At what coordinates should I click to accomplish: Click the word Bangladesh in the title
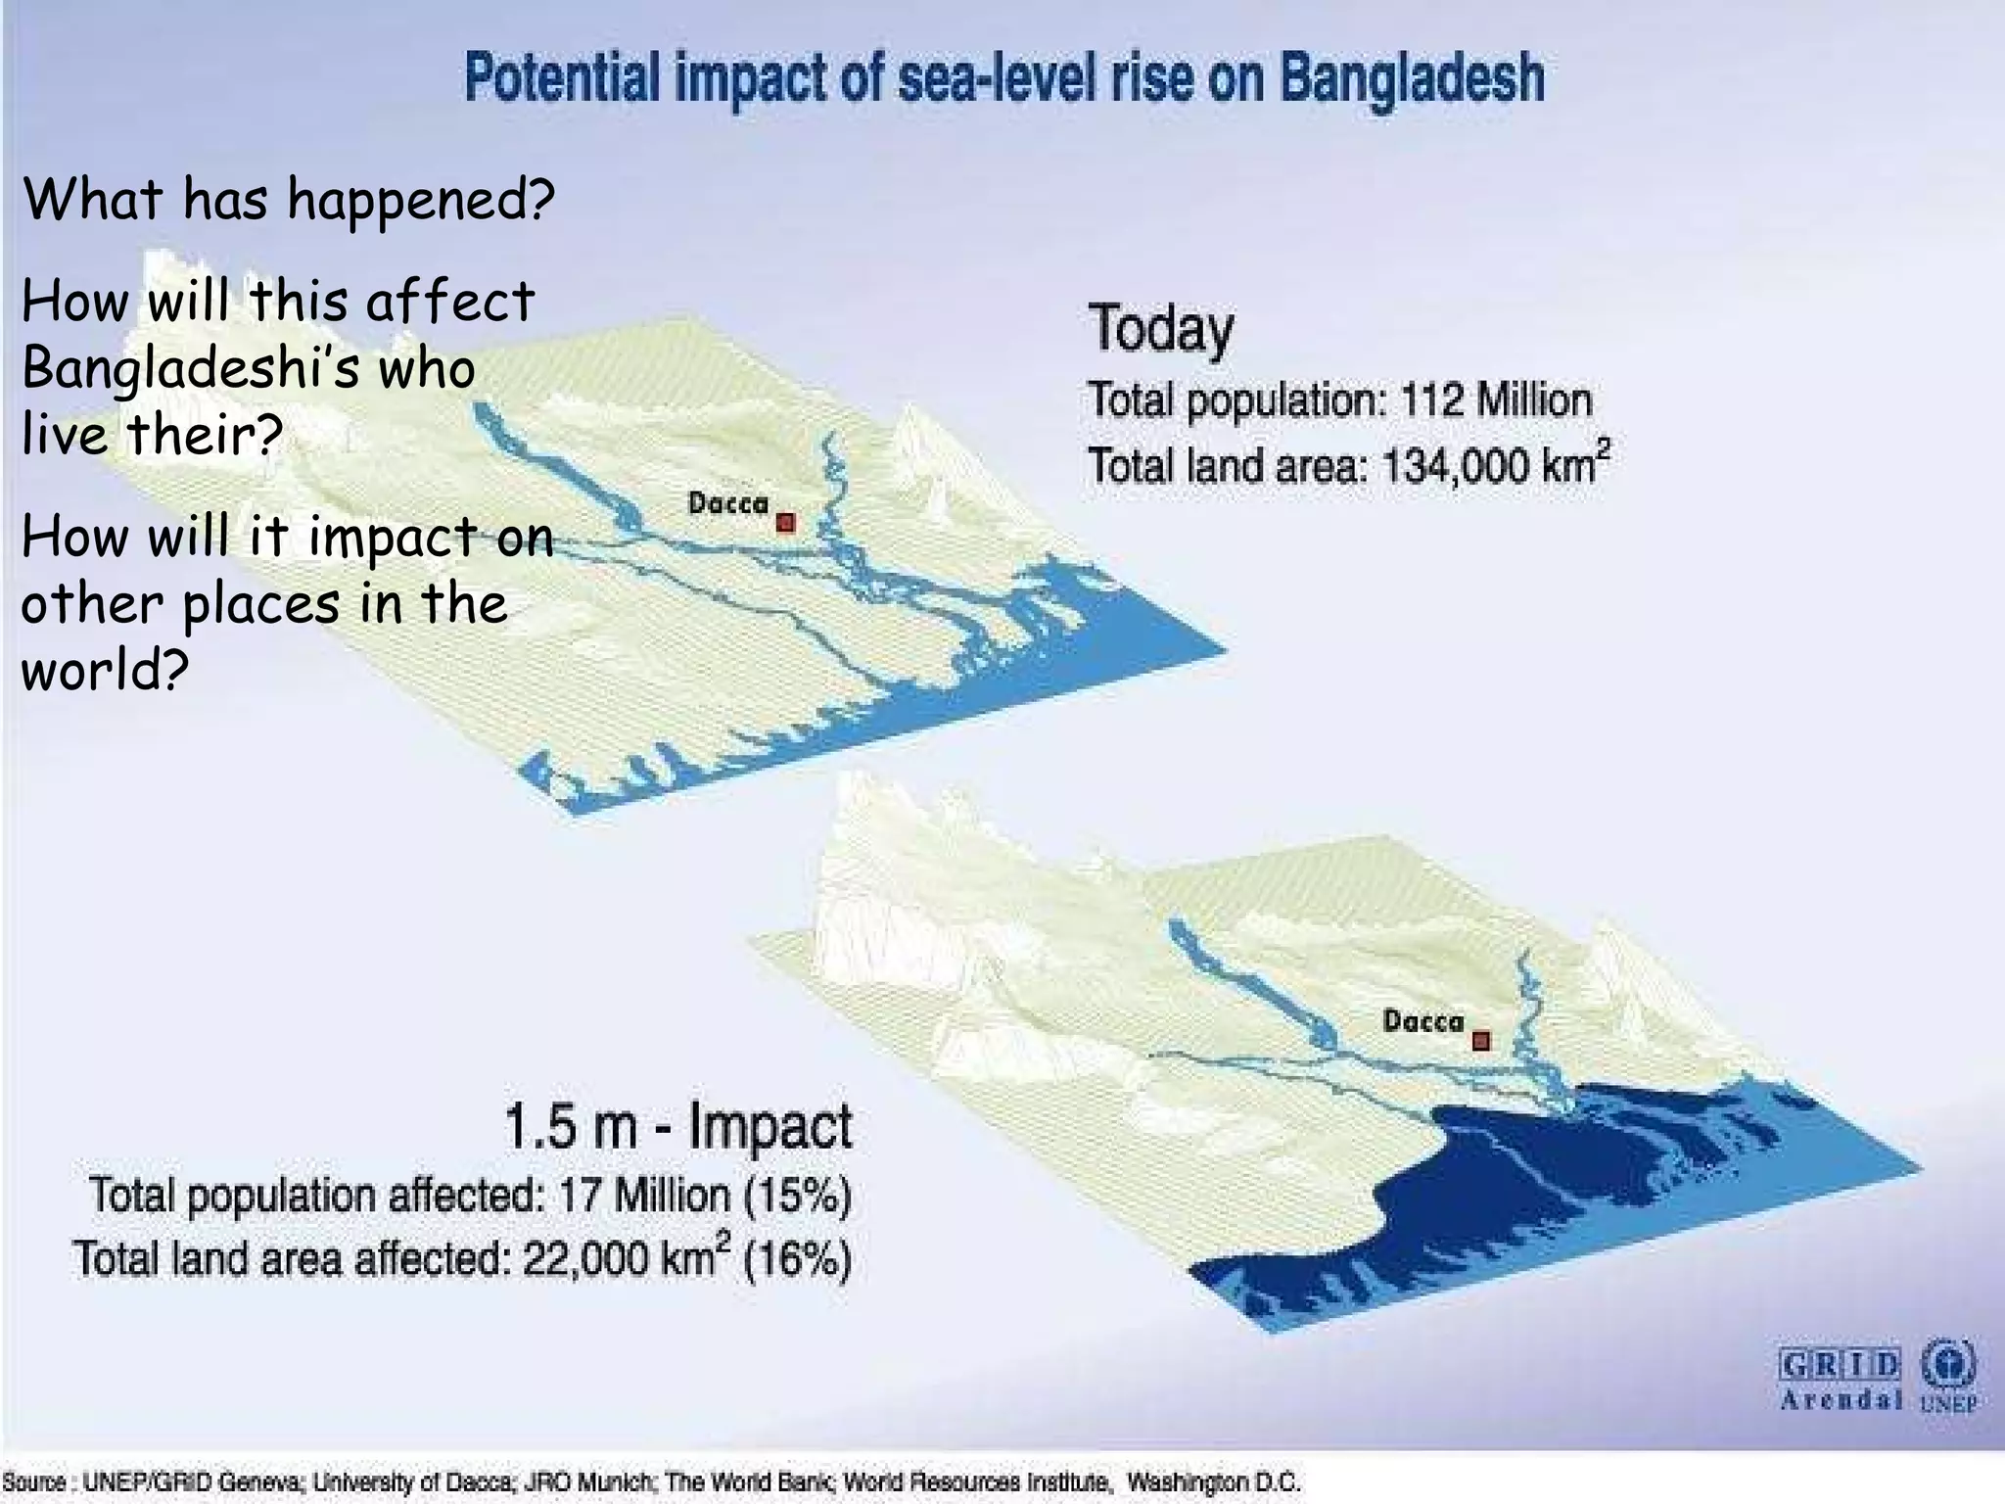[1413, 78]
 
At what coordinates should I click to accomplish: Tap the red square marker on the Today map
[785, 523]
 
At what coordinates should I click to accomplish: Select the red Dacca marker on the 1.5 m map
[1481, 1040]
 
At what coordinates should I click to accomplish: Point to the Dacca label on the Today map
[728, 504]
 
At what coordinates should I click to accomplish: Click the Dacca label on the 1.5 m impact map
[1423, 1021]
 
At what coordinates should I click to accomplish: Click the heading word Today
[1161, 329]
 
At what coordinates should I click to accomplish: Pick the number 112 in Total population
[1432, 400]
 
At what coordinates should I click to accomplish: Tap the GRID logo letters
[1840, 1365]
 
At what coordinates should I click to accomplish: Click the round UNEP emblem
[1948, 1363]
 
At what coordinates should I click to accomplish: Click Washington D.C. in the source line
[1213, 1481]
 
